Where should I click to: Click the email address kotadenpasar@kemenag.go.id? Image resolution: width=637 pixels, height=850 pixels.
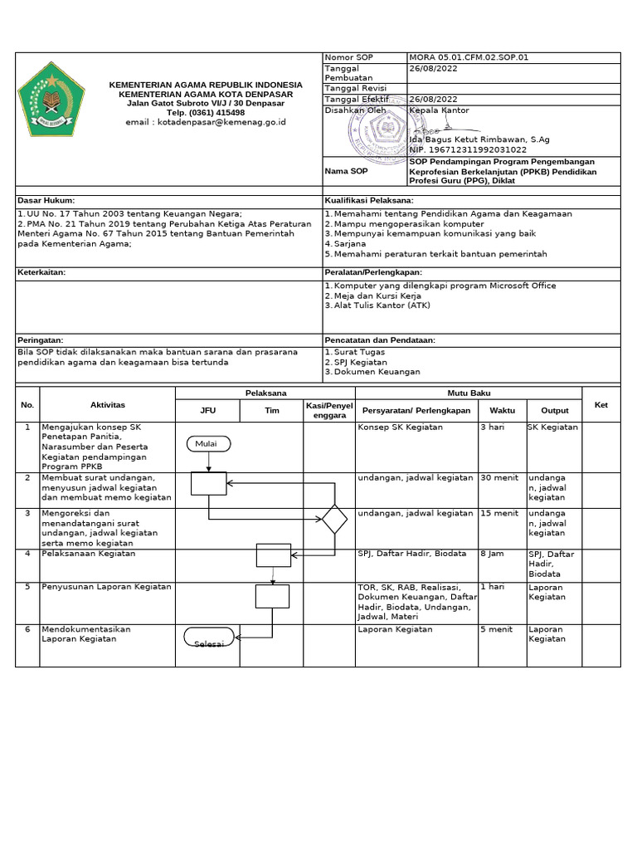click(x=206, y=122)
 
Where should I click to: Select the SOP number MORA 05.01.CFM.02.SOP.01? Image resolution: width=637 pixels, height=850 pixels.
click(x=469, y=57)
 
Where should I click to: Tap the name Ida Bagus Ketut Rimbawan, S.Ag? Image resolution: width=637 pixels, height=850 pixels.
click(x=479, y=139)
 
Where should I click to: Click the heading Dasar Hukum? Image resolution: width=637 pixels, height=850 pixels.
click(x=46, y=201)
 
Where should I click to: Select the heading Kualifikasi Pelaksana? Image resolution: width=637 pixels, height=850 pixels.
click(x=369, y=201)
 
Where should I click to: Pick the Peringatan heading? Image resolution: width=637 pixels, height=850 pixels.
click(x=41, y=340)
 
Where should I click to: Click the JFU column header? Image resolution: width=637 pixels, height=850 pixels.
click(x=207, y=410)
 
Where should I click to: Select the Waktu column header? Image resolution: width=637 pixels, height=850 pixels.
click(x=502, y=410)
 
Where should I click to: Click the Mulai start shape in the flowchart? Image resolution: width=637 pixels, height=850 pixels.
click(x=206, y=444)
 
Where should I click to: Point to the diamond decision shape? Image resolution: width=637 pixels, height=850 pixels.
click(x=334, y=519)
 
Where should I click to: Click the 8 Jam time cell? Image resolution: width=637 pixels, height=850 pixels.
click(x=492, y=554)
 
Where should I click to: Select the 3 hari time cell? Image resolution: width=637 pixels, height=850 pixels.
click(x=493, y=427)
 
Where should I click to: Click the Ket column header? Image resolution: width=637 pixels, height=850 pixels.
click(x=601, y=404)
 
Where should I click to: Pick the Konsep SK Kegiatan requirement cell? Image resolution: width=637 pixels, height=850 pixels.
click(x=400, y=427)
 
